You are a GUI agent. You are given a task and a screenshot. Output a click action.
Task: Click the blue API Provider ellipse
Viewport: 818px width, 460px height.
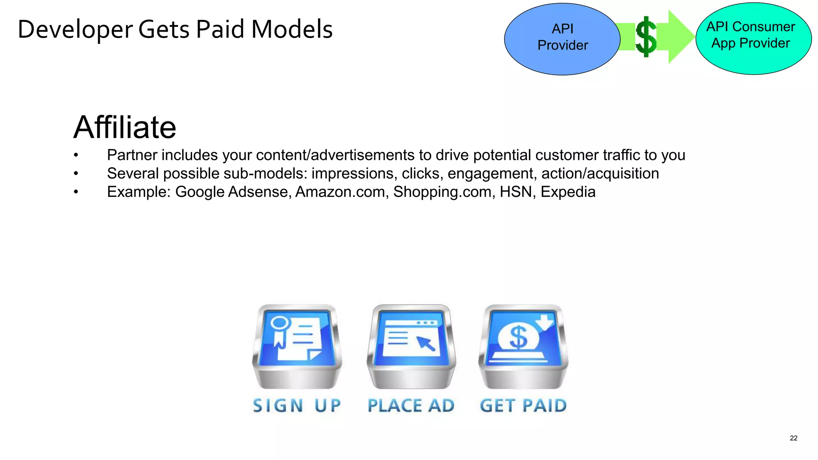point(562,39)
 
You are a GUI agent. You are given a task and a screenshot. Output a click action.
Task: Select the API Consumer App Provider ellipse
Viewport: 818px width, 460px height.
point(753,38)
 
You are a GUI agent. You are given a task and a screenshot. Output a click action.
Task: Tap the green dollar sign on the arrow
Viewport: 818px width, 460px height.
point(645,37)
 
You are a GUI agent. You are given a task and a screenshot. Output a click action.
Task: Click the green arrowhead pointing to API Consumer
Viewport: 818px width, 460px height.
point(680,37)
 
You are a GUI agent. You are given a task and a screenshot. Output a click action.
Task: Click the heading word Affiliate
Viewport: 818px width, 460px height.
point(125,127)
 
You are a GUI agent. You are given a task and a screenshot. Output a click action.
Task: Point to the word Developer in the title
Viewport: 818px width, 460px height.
point(75,30)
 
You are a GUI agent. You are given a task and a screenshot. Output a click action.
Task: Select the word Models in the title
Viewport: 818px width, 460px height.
point(292,30)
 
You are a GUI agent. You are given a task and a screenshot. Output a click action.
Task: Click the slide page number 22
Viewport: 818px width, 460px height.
point(793,438)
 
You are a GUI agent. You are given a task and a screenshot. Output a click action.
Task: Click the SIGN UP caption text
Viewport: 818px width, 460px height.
point(297,406)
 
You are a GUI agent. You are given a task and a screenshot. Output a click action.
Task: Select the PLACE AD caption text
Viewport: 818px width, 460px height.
point(411,406)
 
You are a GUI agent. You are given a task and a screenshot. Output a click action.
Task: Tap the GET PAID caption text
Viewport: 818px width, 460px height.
point(523,406)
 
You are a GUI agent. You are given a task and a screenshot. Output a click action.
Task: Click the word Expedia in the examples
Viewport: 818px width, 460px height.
point(568,192)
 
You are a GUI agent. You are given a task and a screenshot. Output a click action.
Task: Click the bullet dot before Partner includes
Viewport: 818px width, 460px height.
point(76,155)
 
